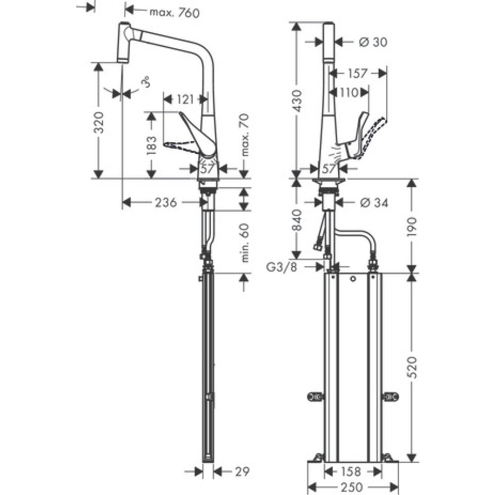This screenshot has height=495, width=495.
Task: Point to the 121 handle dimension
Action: pos(185,99)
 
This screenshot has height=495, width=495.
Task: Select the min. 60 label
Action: pos(244,243)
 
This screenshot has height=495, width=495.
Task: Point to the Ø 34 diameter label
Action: pos(373,202)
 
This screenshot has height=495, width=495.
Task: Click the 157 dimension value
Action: pos(357,73)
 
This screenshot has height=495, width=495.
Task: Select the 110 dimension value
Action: pos(349,92)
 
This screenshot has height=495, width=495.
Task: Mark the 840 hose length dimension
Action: pos(297,220)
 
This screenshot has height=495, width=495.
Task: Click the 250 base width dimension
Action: pos(352,487)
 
